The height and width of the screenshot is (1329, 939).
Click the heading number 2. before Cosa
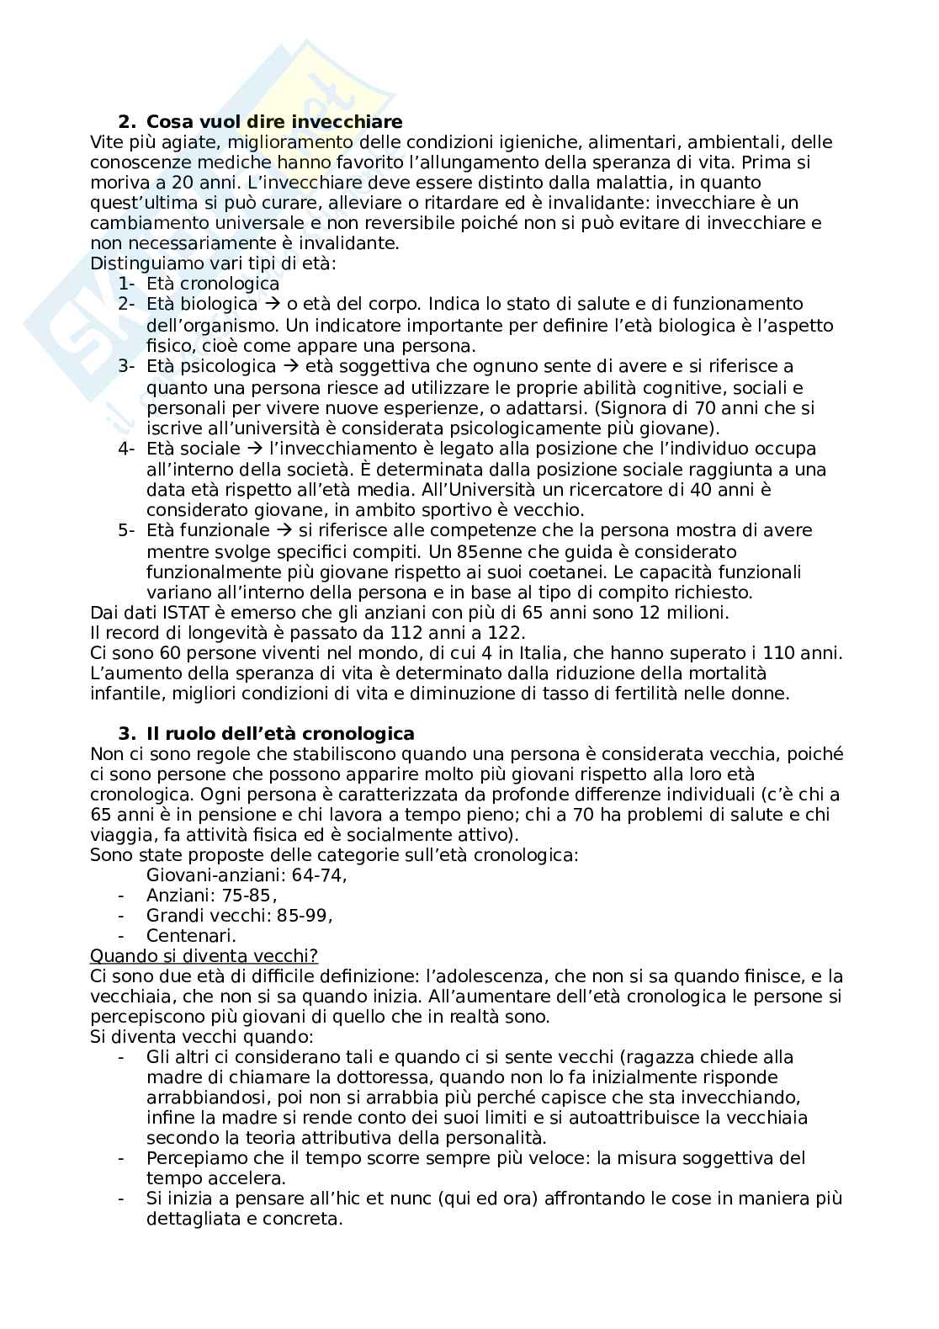126,121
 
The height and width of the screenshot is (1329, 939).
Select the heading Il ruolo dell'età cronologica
280,733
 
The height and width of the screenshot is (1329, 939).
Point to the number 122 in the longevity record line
507,633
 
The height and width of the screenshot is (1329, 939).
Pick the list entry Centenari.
191,935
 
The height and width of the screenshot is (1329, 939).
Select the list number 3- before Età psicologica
126,366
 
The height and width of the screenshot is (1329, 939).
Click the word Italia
538,653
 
